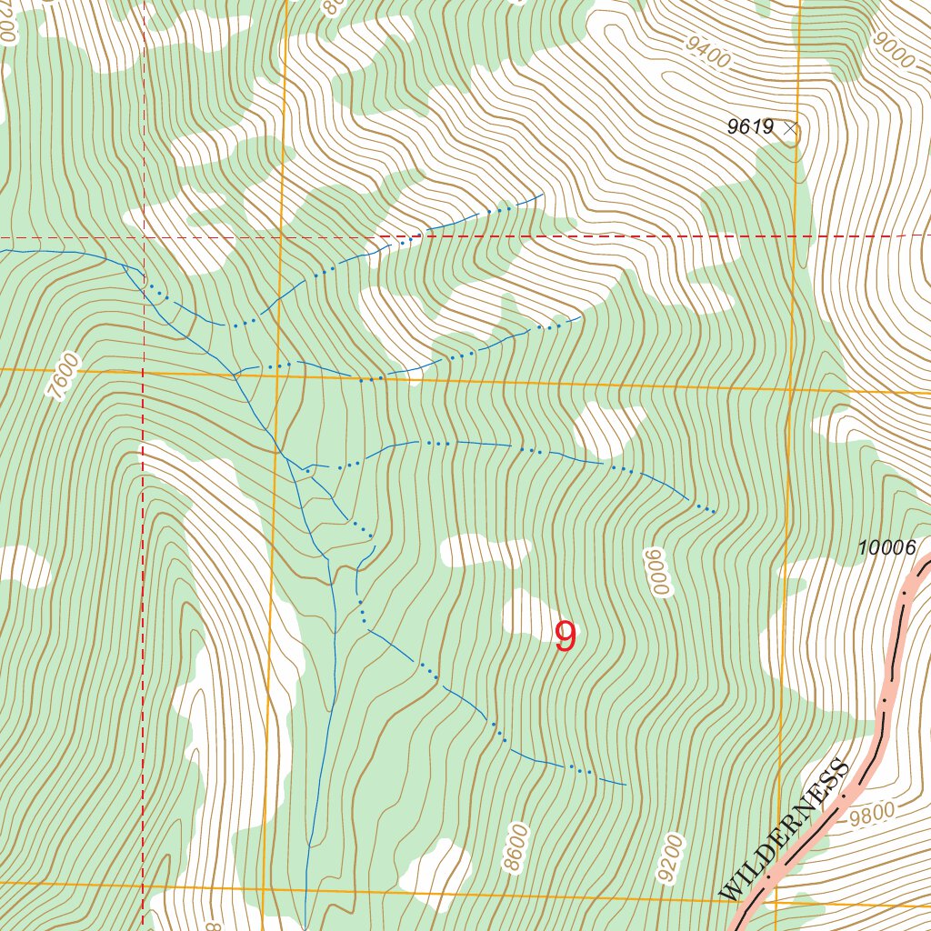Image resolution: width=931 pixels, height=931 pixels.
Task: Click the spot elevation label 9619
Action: (x=749, y=127)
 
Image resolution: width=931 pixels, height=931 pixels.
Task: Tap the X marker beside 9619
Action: (x=790, y=129)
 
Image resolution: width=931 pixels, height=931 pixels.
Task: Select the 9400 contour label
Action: (x=708, y=54)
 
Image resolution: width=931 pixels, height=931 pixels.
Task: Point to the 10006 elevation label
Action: (x=886, y=547)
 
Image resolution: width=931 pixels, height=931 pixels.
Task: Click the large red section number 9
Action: (x=566, y=637)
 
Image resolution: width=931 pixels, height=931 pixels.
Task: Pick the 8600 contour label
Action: (x=516, y=847)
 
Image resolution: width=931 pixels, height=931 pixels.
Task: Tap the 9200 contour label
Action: (x=669, y=858)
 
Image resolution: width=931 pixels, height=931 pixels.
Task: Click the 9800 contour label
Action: (x=872, y=814)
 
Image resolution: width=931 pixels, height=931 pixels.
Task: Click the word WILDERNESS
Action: (x=784, y=829)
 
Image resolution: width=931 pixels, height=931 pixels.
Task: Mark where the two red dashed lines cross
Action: (x=144, y=238)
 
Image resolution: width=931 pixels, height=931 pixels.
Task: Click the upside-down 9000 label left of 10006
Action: (x=657, y=573)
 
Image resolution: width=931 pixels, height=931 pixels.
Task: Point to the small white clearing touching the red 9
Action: (x=527, y=613)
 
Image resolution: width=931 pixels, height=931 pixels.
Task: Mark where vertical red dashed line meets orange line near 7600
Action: (x=143, y=372)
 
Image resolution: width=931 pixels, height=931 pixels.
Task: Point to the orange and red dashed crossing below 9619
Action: (x=796, y=236)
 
